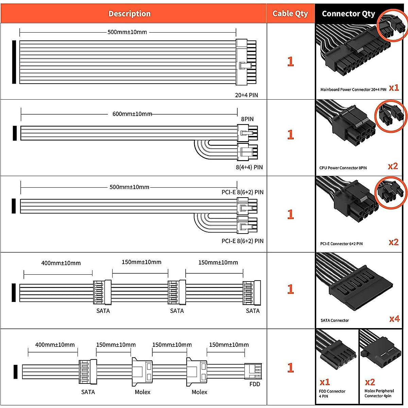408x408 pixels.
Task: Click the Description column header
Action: (130, 14)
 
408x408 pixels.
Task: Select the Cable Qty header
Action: (290, 14)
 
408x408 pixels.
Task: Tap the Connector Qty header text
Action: (348, 14)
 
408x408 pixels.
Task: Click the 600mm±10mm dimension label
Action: (132, 114)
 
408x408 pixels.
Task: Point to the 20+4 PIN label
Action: (247, 95)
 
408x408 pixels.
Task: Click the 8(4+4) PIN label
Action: (249, 167)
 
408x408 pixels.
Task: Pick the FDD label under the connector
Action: (255, 384)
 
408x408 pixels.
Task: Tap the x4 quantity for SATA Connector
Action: (394, 319)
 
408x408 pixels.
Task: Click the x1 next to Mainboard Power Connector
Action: (394, 88)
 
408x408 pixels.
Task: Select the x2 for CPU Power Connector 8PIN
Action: (393, 166)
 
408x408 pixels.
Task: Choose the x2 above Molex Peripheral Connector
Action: (370, 382)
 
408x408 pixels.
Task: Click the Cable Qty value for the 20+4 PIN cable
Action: (290, 62)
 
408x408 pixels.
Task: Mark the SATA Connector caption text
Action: (335, 321)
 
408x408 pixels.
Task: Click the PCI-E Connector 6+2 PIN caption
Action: (341, 244)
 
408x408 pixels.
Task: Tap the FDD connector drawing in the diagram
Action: (253, 371)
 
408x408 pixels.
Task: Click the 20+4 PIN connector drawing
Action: (246, 62)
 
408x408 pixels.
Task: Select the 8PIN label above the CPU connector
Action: (247, 119)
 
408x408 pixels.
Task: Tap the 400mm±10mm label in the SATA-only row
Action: (61, 263)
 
